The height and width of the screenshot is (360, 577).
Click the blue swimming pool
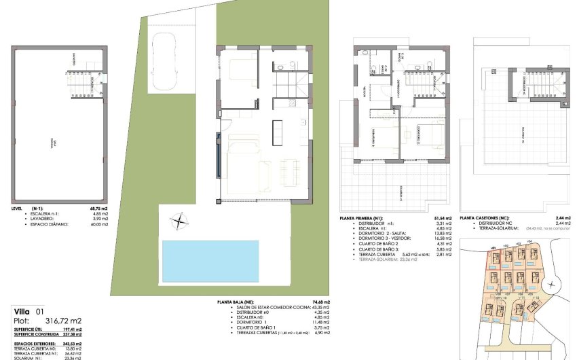coord(210,261)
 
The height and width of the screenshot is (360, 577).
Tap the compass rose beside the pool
coord(179,220)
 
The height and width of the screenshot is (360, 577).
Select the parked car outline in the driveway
coord(164,62)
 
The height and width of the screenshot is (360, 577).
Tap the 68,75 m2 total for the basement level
coord(100,209)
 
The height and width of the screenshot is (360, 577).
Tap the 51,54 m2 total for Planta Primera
coord(434,217)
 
